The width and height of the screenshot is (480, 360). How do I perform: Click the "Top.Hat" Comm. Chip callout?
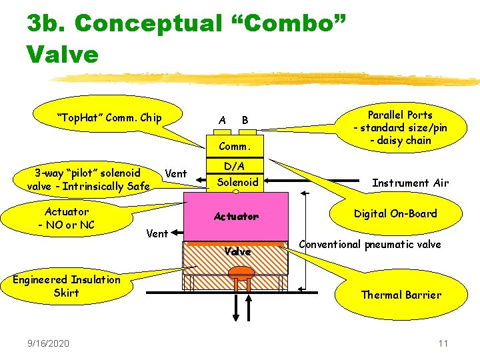click(109, 118)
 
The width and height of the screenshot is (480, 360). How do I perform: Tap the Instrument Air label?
click(410, 183)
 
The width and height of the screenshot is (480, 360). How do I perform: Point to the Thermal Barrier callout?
click(401, 295)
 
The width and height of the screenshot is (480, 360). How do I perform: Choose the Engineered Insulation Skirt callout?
click(66, 286)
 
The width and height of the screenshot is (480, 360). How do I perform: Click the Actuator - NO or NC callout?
click(67, 218)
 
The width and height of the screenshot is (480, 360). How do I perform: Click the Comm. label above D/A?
click(234, 146)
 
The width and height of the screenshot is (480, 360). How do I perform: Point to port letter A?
click(222, 120)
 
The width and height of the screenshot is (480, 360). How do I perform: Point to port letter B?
click(245, 120)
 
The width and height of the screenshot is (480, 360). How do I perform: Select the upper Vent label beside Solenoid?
click(175, 173)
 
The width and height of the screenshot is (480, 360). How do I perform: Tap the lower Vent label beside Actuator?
click(157, 233)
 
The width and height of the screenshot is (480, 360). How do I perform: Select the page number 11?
click(443, 343)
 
